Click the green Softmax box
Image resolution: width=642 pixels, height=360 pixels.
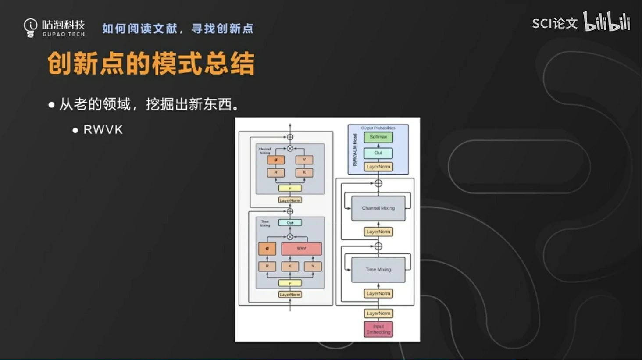378,137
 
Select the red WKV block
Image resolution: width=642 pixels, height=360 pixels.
301,249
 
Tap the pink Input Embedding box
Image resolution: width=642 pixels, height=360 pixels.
378,329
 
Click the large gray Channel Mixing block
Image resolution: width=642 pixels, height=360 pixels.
378,208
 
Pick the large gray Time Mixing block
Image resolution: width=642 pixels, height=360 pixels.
378,270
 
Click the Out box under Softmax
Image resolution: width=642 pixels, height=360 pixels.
378,153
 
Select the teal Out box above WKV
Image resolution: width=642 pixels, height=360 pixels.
290,223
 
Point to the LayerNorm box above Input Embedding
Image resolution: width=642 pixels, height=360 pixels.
378,314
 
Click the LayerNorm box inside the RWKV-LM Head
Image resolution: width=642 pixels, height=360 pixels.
378,167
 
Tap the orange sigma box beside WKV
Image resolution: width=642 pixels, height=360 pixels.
267,249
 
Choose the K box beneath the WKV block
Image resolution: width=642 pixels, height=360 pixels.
290,266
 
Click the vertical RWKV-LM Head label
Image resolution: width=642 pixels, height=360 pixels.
355,150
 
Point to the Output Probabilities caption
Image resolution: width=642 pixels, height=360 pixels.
378,128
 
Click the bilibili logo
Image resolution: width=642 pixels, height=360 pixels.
606,21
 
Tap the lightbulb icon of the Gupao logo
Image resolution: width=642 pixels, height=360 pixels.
30,27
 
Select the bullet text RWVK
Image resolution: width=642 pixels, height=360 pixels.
103,130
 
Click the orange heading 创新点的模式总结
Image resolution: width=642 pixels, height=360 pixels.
151,64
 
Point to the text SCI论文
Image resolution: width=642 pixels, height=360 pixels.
554,23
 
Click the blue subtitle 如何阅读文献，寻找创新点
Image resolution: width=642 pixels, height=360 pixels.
178,29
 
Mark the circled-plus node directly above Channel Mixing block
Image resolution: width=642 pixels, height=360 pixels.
378,183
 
